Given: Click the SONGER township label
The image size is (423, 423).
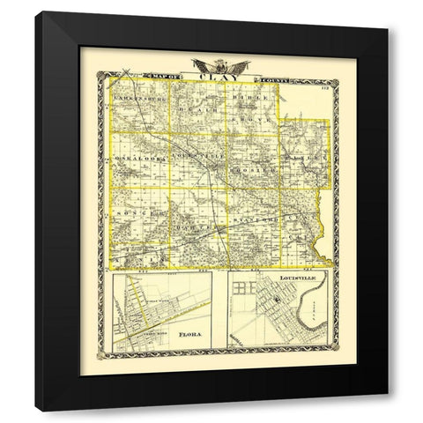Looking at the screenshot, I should point(136,212).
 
